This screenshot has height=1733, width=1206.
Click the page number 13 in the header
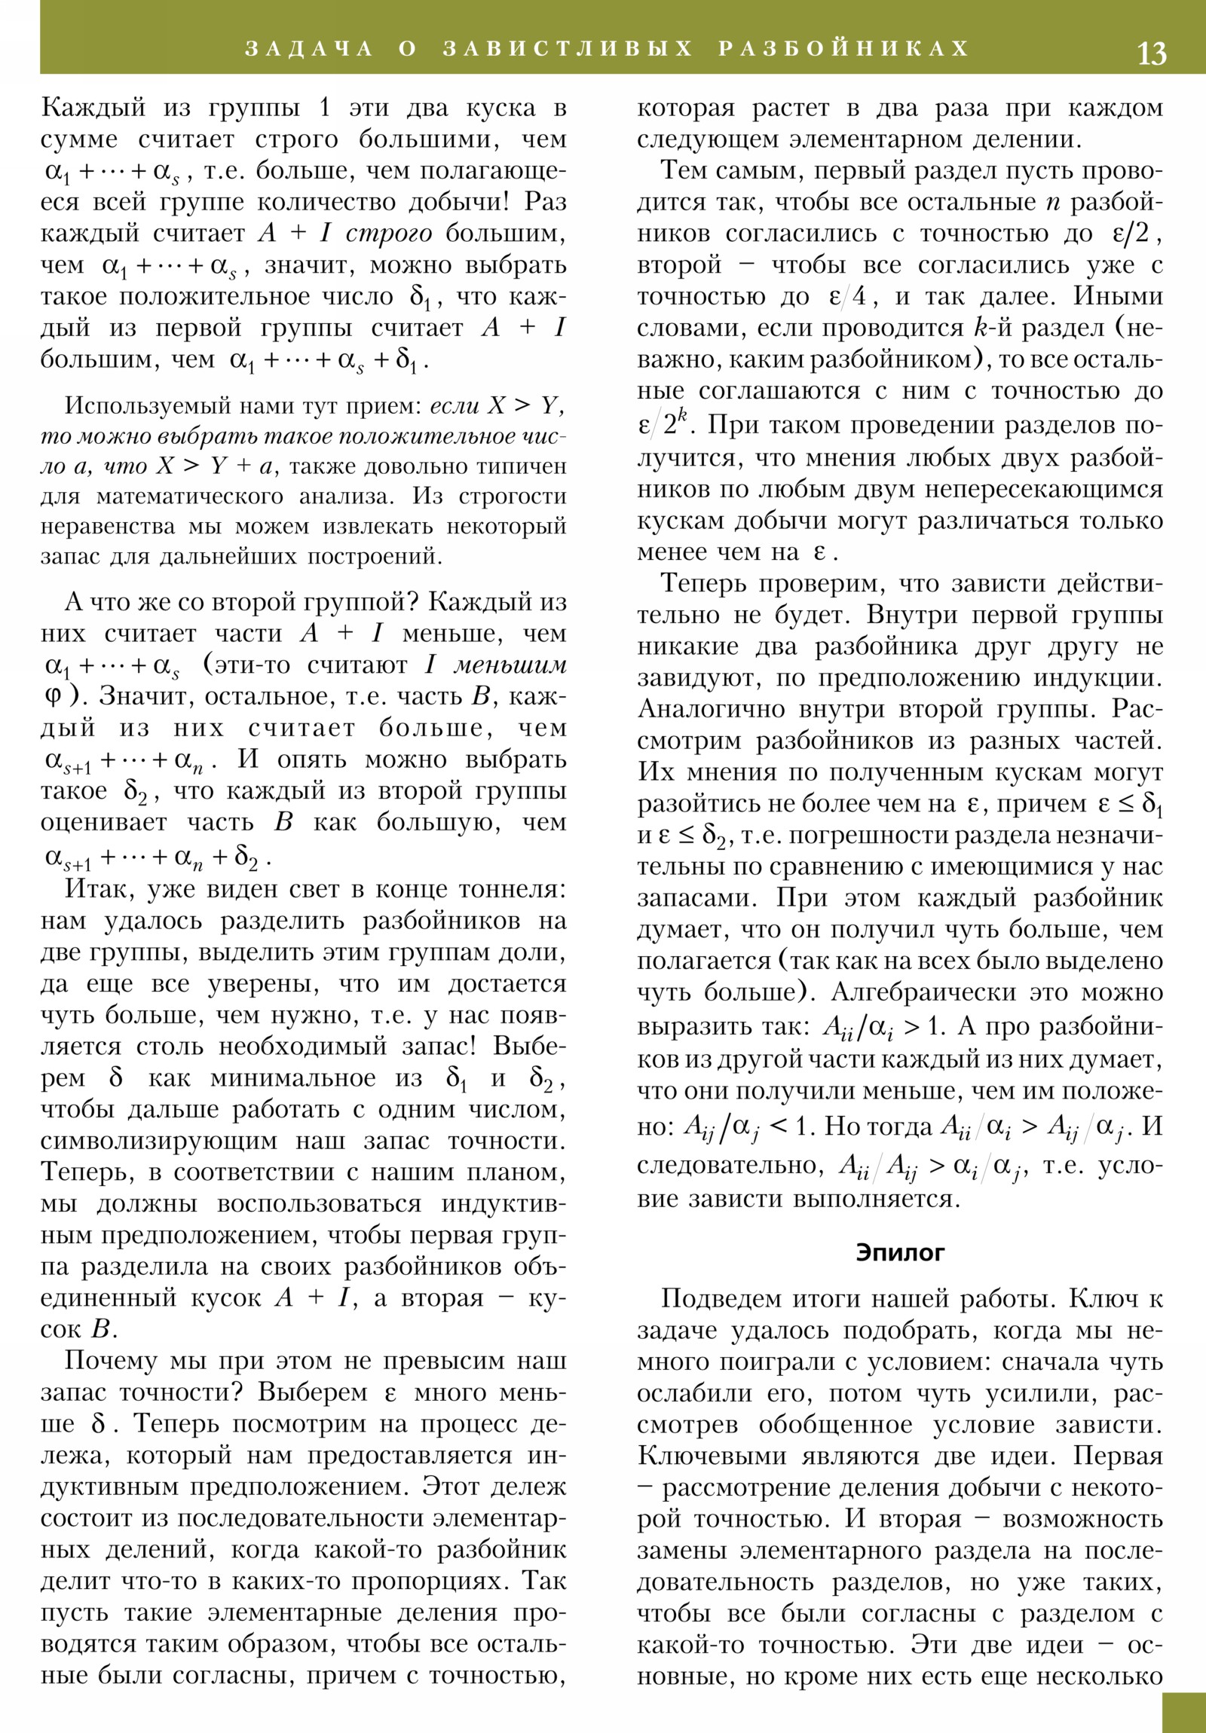pyautogui.click(x=1151, y=53)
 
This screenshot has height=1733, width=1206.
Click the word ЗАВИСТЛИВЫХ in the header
pyautogui.click(x=567, y=49)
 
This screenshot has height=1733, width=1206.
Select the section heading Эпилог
pyautogui.click(x=900, y=1252)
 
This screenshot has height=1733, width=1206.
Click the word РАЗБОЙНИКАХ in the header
pyautogui.click(x=843, y=49)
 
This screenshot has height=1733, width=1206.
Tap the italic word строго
pyautogui.click(x=389, y=234)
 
